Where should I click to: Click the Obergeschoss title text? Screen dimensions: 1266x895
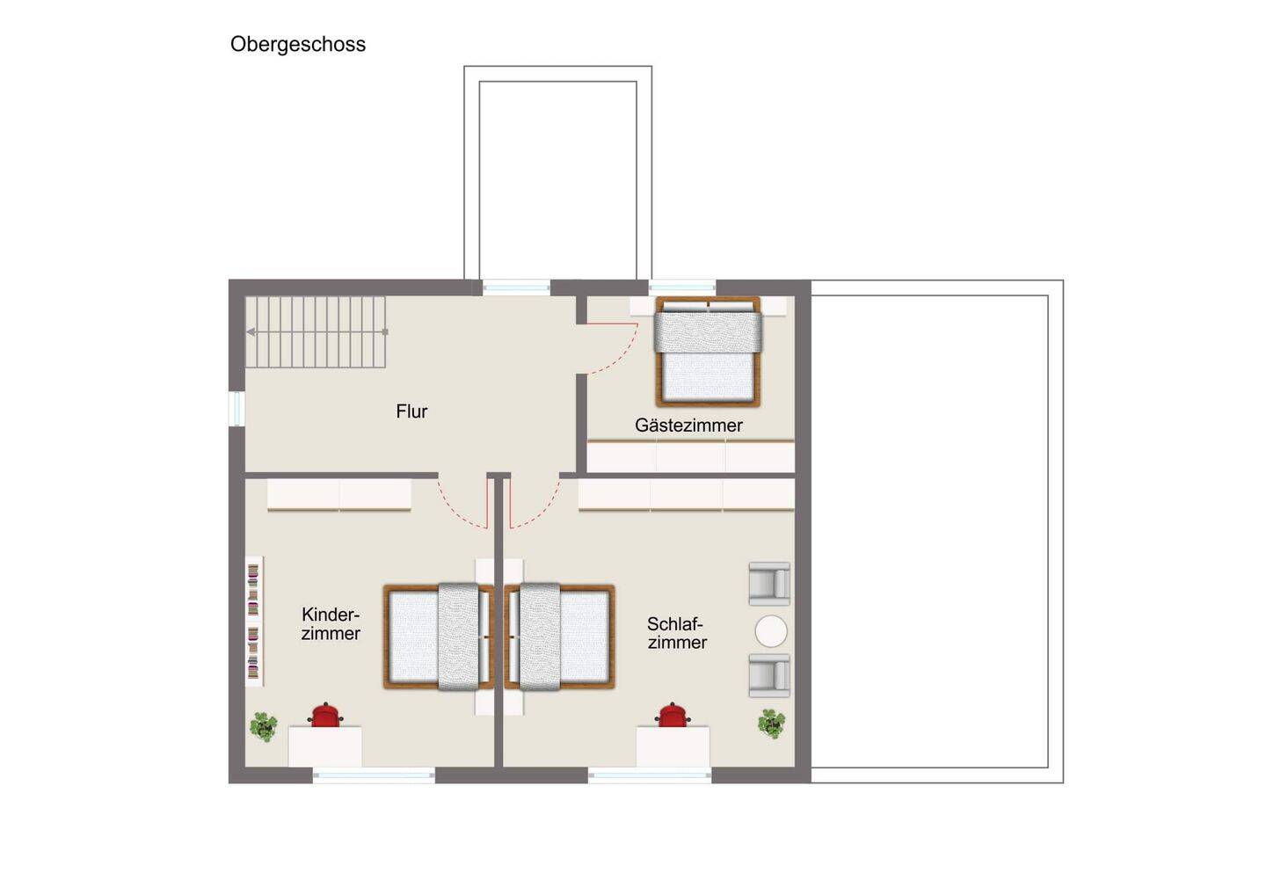(x=298, y=45)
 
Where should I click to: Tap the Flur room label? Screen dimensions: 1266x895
(x=411, y=411)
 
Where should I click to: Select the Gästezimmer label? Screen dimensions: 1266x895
(x=688, y=425)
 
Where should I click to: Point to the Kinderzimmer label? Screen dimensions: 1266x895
(x=331, y=624)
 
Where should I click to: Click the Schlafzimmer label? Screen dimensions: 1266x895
(x=677, y=633)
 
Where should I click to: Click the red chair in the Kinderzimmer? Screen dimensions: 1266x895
(x=325, y=715)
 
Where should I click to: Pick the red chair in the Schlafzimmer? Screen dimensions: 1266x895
(x=673, y=715)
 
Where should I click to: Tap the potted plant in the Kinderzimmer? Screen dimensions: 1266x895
(x=264, y=726)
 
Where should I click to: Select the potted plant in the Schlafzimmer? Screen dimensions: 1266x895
(x=772, y=724)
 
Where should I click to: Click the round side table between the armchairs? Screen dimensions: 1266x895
(x=771, y=631)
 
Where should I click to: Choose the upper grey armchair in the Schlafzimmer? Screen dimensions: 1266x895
(x=769, y=584)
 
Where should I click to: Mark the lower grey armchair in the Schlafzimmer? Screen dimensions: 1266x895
(x=769, y=676)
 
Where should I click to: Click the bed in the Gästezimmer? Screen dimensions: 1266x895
(x=708, y=352)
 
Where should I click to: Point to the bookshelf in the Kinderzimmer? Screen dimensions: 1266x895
(x=254, y=622)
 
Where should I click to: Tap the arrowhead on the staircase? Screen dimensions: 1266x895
(x=251, y=332)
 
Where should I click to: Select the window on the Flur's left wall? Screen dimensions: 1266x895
(x=236, y=408)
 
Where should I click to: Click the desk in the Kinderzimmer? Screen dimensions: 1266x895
(x=325, y=746)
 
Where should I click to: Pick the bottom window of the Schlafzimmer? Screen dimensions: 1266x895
(x=650, y=775)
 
